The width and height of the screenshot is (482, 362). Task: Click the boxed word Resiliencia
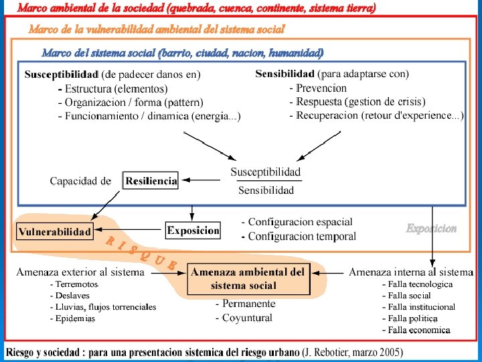click(x=151, y=180)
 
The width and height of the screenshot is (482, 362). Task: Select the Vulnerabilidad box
click(x=55, y=232)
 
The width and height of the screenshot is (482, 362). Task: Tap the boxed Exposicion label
click(x=193, y=231)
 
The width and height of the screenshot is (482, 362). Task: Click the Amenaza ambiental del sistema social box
click(x=248, y=279)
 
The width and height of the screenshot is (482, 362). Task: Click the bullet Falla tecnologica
click(x=421, y=284)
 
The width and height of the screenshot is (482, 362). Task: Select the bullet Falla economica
click(x=419, y=330)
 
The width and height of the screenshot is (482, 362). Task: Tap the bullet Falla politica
click(x=413, y=318)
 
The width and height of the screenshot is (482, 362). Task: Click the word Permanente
click(x=248, y=304)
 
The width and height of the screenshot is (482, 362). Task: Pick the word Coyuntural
click(x=247, y=318)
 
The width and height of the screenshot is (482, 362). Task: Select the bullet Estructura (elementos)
click(x=116, y=88)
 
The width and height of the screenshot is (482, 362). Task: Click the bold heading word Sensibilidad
click(x=285, y=73)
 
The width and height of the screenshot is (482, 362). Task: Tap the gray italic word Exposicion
click(x=431, y=229)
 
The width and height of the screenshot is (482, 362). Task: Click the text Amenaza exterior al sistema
click(x=80, y=272)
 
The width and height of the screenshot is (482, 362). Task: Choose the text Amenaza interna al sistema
click(x=411, y=272)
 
